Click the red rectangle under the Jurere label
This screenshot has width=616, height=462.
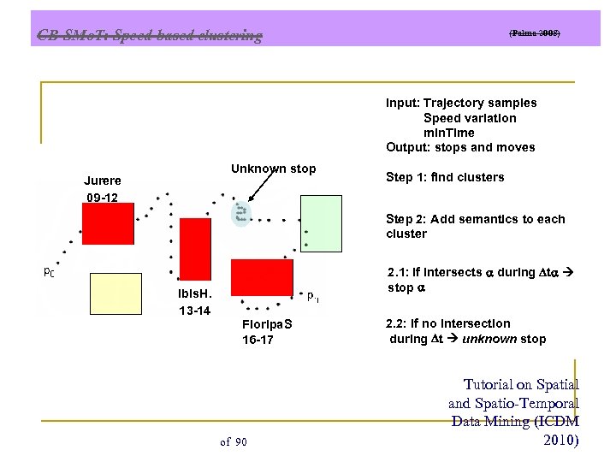107,223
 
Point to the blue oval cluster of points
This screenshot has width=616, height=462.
242,214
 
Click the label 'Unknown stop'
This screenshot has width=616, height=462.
273,169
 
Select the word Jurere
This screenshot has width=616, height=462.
102,181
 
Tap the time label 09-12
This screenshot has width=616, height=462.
102,198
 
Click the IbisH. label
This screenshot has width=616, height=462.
196,293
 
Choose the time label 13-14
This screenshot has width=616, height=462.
194,311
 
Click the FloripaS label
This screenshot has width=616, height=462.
267,324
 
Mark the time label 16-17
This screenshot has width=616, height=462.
258,341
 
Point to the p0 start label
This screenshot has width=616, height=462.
49,273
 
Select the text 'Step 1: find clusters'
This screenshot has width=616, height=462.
445,177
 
